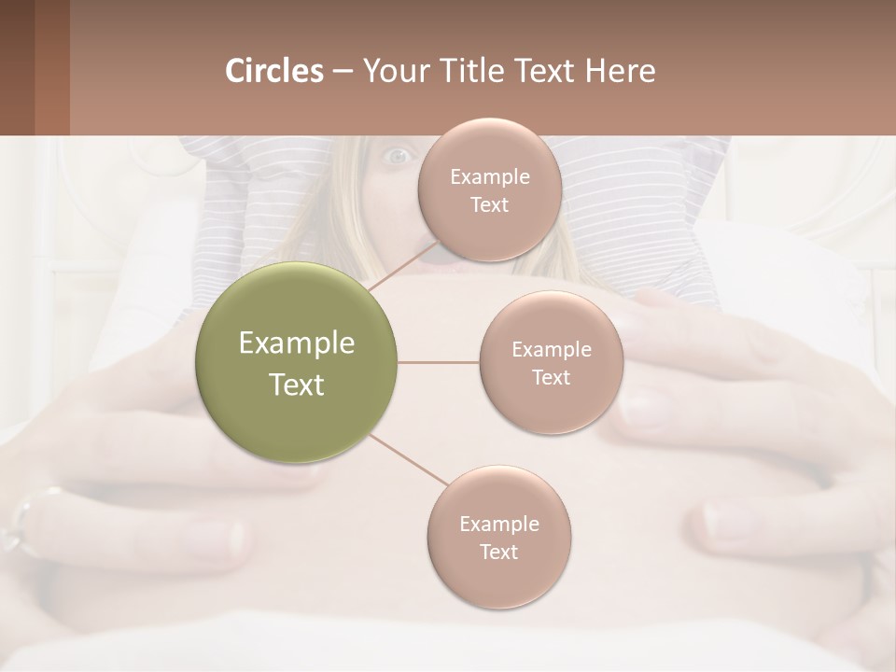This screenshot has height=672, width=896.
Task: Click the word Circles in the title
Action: coord(274,71)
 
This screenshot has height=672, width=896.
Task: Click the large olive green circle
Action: coord(297,362)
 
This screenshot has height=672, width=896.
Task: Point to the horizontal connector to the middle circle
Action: coord(439,362)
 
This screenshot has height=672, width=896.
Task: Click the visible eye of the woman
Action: coord(398,156)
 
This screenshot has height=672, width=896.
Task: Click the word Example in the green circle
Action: coord(297,343)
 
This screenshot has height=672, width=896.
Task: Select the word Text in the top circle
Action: coord(489,204)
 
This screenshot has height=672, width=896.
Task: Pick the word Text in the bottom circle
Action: coord(498,552)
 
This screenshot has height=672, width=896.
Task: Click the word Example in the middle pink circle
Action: coord(552,350)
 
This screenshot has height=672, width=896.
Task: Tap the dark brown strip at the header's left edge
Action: coord(17,67)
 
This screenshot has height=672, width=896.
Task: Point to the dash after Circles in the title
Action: coord(343,71)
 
